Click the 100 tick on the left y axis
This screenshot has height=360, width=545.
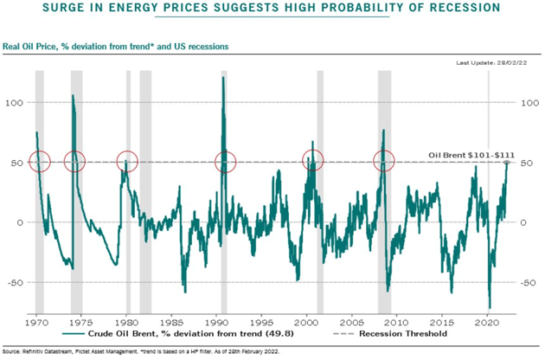[x=18, y=103]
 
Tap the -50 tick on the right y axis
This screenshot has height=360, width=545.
[x=526, y=282]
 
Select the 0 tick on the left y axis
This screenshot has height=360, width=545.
[x=22, y=222]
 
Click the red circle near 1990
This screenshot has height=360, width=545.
[x=226, y=161]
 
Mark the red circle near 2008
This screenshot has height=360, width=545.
[x=383, y=161]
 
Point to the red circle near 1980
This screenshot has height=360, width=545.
[x=127, y=161]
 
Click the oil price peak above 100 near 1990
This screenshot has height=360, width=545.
[x=223, y=78]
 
